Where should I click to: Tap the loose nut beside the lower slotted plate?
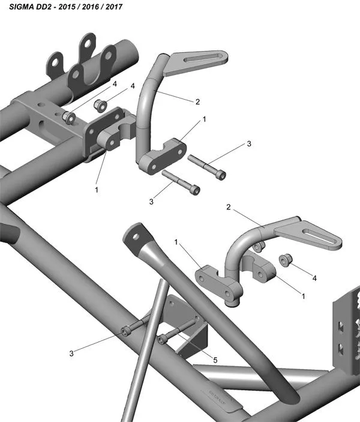click(286, 260)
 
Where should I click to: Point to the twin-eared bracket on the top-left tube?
click(84, 60)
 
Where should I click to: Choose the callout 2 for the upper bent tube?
click(197, 101)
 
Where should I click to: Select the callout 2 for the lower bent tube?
click(228, 206)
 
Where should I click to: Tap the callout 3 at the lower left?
click(71, 353)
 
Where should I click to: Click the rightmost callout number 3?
click(248, 144)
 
